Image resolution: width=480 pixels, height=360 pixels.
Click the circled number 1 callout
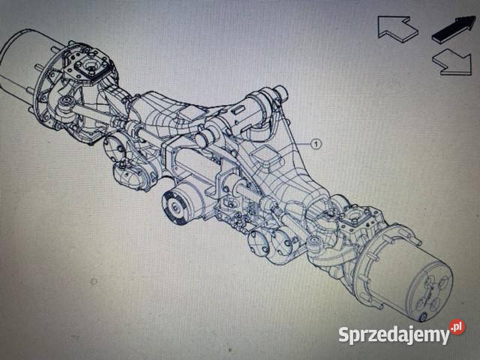click(x=316, y=143)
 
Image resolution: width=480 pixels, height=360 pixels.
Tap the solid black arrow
click(x=454, y=28)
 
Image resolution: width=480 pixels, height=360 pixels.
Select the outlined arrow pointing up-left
click(x=397, y=28)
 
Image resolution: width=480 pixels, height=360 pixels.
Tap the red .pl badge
click(x=457, y=327)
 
